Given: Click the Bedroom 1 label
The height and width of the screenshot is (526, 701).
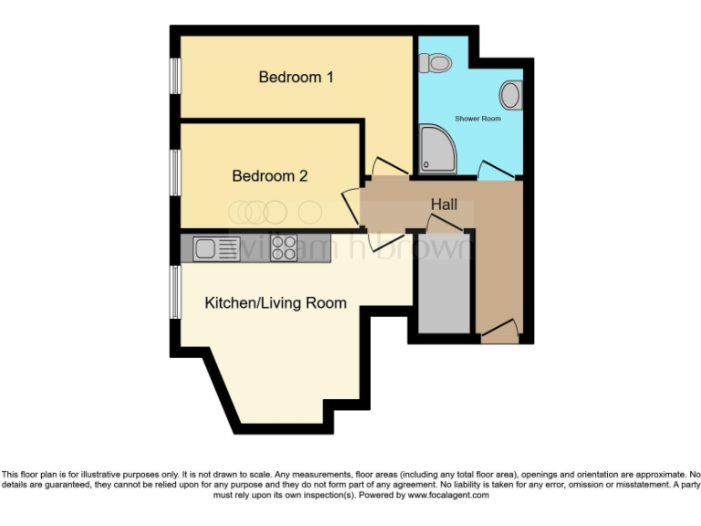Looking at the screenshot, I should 296,78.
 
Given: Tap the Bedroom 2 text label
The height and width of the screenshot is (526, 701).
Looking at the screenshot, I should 269,175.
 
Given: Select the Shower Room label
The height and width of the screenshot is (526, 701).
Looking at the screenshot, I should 477,119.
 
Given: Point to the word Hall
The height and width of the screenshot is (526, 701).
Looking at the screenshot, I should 444,205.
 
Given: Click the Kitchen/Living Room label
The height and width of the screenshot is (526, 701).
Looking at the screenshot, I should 275,302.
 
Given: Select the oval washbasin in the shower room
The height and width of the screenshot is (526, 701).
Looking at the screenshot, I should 511,94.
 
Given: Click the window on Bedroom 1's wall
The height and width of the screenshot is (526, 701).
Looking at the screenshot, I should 173,77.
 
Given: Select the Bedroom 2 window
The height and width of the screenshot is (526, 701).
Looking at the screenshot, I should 173,171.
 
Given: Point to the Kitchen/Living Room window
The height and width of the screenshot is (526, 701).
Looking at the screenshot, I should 173,293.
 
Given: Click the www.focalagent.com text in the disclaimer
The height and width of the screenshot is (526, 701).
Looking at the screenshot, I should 448,495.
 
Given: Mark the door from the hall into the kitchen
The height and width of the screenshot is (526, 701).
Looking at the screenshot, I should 383,240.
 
